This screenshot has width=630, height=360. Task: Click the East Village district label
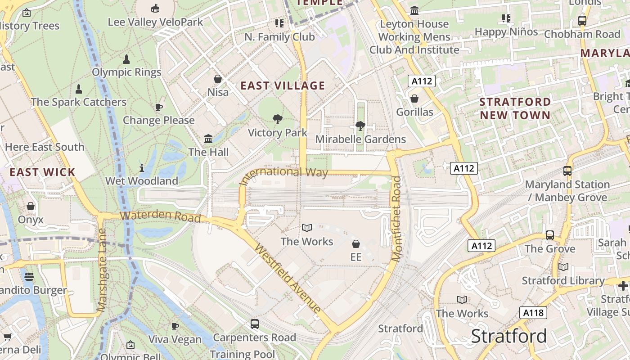point(283,85)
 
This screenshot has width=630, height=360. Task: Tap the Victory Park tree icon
point(278,119)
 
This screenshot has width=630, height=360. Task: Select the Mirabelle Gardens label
point(360,139)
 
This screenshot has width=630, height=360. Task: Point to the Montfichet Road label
point(396,219)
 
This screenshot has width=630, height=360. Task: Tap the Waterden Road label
point(161,216)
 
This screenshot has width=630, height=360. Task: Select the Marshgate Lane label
point(102,270)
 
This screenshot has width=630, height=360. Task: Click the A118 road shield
point(533,313)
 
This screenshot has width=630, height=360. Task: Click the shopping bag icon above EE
point(356,244)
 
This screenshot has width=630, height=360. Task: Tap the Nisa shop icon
point(218,79)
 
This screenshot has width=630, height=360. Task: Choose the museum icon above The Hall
point(208,139)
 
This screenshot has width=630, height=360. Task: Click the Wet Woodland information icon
point(142,168)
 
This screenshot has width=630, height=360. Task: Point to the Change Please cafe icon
point(158,107)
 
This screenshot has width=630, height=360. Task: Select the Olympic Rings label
point(126,72)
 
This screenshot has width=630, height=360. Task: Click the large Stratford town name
point(508,336)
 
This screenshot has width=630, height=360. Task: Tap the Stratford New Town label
point(515,108)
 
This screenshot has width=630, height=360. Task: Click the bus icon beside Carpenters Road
point(255,324)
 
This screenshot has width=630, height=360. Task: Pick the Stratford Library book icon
point(563,267)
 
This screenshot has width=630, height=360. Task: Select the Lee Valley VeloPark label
point(155,22)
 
